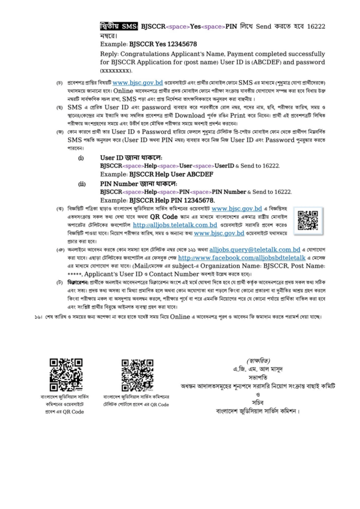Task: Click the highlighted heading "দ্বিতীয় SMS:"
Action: pyautogui.click(x=119, y=26)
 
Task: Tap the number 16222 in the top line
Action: pyautogui.click(x=316, y=26)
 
